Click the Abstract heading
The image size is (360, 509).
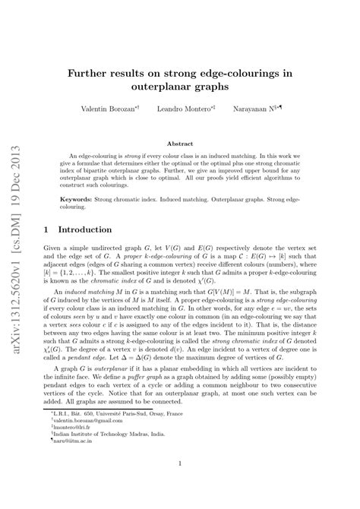click(179, 143)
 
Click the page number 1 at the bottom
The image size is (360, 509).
click(179, 483)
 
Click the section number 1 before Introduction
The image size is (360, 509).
click(47, 229)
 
